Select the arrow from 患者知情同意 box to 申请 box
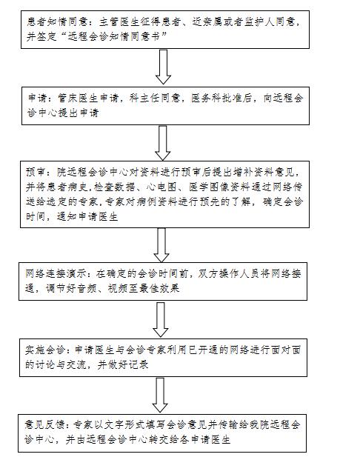pos(163,67)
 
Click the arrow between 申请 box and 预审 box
pos(163,143)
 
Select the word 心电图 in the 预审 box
pos(161,187)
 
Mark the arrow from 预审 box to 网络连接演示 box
pos(161,245)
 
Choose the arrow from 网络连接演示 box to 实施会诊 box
pos(160,320)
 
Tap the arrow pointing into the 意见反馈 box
pos(160,396)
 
